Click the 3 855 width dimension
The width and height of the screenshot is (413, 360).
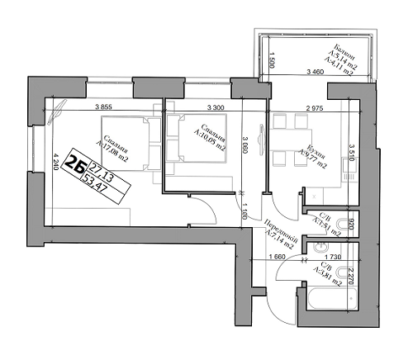tap(103, 107)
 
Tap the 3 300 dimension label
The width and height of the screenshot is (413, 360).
tap(215, 107)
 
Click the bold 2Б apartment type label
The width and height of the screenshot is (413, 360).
tap(77, 164)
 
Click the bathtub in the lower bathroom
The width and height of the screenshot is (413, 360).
tap(329, 301)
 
